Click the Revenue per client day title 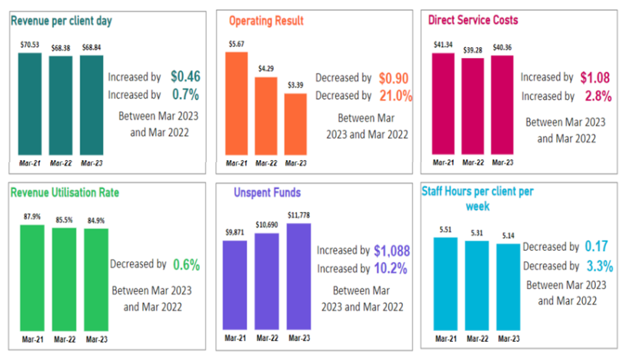(61, 21)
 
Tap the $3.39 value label (295, 86)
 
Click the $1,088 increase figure (392, 251)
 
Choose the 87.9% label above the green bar (31, 217)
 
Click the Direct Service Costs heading (473, 20)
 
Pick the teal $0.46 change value (186, 76)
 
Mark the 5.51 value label (445, 229)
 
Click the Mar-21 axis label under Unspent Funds (236, 338)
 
